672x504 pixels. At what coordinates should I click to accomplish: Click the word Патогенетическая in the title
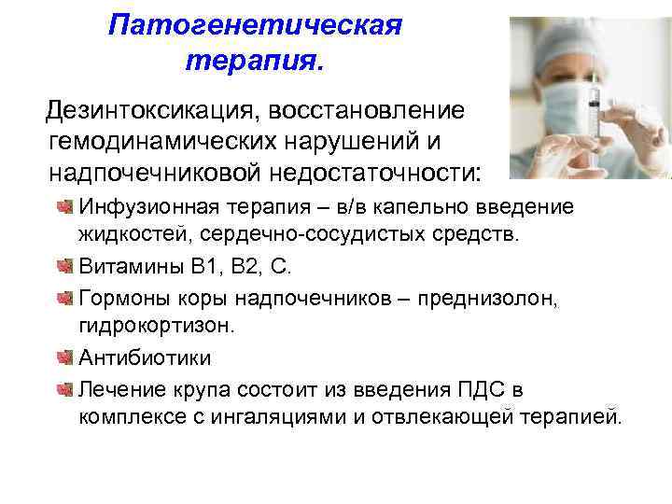(x=255, y=24)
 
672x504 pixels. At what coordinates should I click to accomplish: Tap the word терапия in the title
(x=252, y=62)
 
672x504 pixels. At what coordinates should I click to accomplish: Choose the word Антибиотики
(x=145, y=357)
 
